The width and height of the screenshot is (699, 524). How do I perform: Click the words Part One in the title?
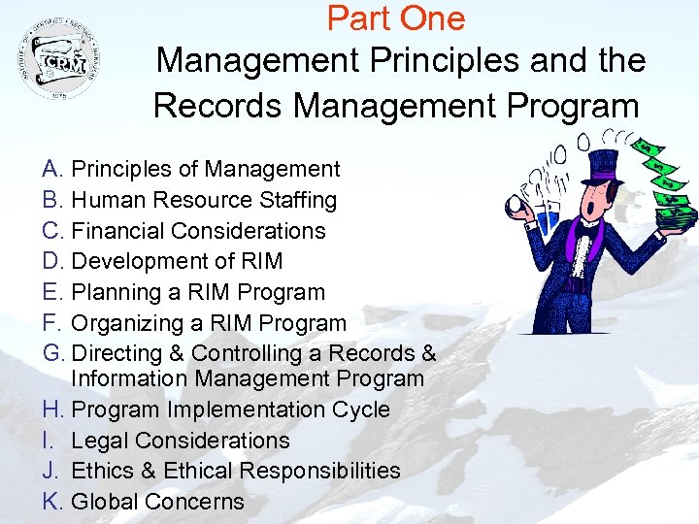(396, 17)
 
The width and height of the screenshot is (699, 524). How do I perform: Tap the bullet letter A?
(52, 170)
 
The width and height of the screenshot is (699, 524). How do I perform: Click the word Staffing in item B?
(291, 201)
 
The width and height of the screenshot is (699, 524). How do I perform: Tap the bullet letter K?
(52, 502)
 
